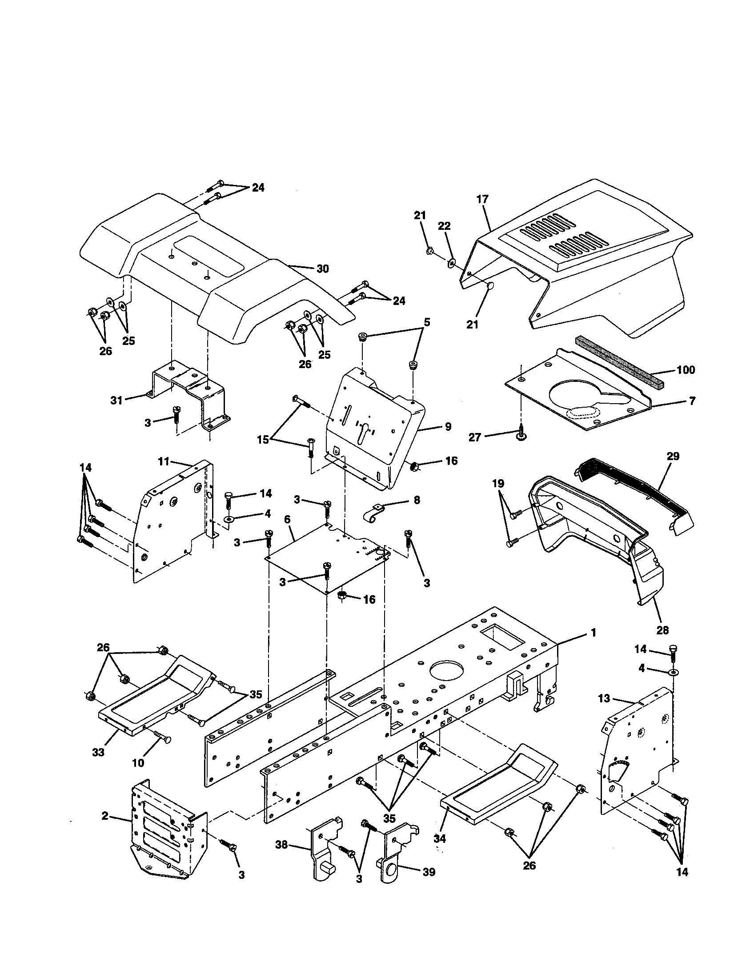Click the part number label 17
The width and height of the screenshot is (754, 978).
pyautogui.click(x=482, y=199)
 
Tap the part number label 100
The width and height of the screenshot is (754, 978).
pyautogui.click(x=686, y=370)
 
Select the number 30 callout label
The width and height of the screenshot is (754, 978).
pyautogui.click(x=322, y=269)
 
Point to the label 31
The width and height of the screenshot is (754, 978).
pyautogui.click(x=116, y=401)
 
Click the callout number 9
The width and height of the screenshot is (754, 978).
pyautogui.click(x=448, y=427)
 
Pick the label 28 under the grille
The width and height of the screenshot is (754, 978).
pyautogui.click(x=662, y=630)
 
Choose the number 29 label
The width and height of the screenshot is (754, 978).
pyautogui.click(x=673, y=456)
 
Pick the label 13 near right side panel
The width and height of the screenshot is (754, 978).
pyautogui.click(x=604, y=711)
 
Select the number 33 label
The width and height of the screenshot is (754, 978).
pyautogui.click(x=98, y=752)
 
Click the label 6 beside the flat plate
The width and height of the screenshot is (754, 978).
pyautogui.click(x=287, y=519)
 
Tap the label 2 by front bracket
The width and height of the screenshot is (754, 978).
pyautogui.click(x=105, y=816)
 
